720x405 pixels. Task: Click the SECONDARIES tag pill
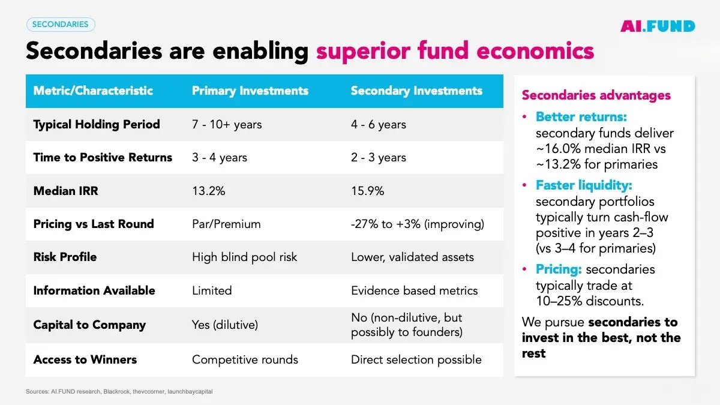pos(61,25)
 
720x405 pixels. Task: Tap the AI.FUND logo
pos(658,26)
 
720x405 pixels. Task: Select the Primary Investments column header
pos(250,91)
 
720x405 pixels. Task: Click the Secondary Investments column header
pos(416,91)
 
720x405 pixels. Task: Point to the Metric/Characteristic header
pos(93,91)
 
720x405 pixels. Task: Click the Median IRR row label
pos(65,191)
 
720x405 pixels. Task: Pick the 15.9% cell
pos(367,191)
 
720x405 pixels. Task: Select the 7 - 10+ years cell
pos(227,124)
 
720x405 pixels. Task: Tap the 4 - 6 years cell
pos(379,124)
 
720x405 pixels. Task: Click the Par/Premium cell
pos(226,224)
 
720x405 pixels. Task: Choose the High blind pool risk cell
pos(244,257)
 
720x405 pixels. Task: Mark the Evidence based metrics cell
pos(415,290)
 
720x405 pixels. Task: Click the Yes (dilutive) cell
pos(225,325)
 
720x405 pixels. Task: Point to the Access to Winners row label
pos(85,359)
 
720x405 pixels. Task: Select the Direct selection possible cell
pos(416,359)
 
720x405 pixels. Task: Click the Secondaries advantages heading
pos(596,95)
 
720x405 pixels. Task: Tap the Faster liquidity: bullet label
pos(584,185)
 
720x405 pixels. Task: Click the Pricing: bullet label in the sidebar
pos(559,269)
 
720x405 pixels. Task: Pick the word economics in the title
pos(535,52)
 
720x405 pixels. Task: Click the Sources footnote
pos(119,391)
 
